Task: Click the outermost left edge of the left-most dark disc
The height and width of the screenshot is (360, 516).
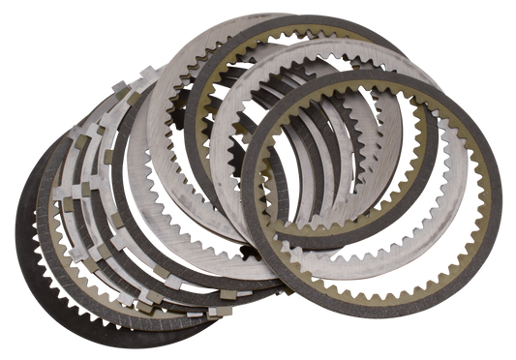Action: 14,227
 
